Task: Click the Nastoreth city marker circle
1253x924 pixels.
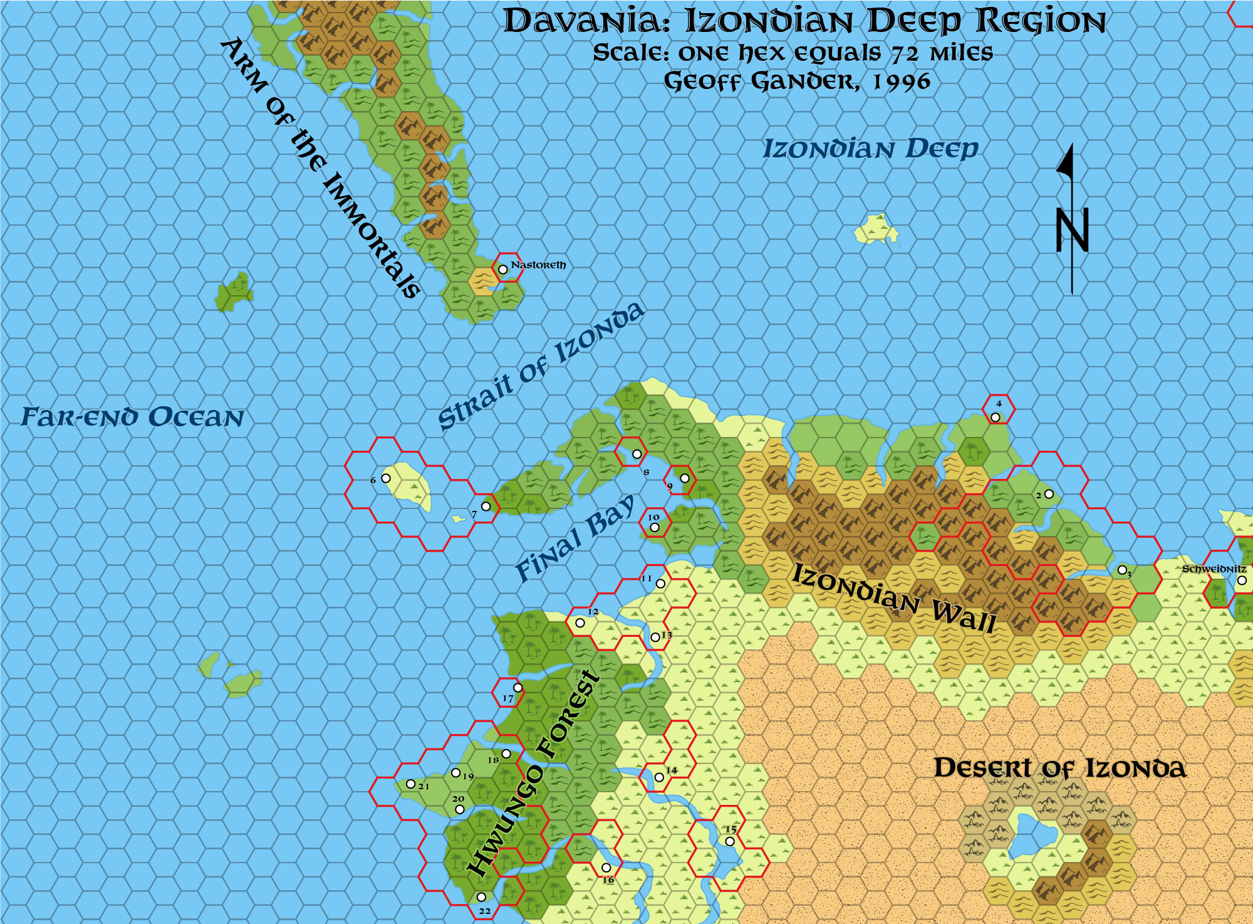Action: pos(502,270)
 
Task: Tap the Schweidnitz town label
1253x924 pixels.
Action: pos(1214,569)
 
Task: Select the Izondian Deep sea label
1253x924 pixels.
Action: pos(870,149)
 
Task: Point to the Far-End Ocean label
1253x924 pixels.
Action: pos(132,417)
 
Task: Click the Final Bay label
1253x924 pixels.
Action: pos(575,538)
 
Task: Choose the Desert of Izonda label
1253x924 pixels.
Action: pos(1059,768)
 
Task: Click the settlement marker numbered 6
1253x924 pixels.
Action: pos(386,478)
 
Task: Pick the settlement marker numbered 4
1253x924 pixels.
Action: pos(995,417)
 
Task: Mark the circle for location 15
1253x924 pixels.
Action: pos(730,841)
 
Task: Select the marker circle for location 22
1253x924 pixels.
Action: pos(481,897)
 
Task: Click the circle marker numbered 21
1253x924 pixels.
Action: pos(410,784)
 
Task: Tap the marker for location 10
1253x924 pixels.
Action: pos(655,527)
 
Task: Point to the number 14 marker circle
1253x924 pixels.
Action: pos(658,777)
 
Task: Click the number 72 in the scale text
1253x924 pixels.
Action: pos(907,54)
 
